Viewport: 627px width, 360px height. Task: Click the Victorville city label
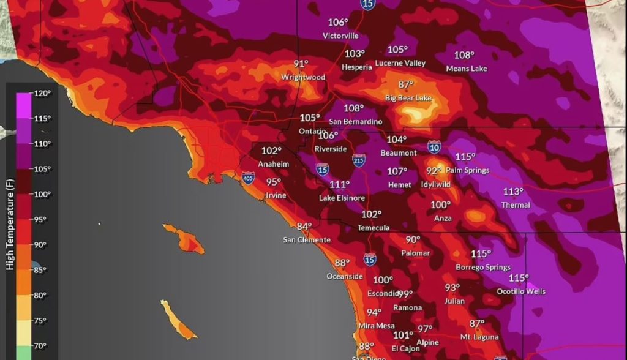340,36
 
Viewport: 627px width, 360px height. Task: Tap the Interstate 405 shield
248,178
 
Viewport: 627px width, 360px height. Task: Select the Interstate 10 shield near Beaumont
434,147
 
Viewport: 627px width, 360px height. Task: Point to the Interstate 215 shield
359,160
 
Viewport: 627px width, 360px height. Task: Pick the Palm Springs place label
467,170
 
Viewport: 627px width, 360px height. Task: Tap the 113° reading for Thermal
513,192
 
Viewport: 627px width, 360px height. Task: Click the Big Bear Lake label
408,98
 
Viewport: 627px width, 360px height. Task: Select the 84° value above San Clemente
304,227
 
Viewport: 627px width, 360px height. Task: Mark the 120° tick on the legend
41,93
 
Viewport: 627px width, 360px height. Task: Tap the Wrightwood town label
303,78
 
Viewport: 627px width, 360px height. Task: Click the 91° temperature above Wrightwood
301,64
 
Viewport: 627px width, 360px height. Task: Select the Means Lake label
467,69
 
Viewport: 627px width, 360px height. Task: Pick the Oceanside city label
345,276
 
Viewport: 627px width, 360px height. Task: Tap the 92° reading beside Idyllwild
434,171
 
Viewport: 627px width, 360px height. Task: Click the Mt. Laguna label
479,337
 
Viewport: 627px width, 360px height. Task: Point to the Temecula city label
374,228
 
